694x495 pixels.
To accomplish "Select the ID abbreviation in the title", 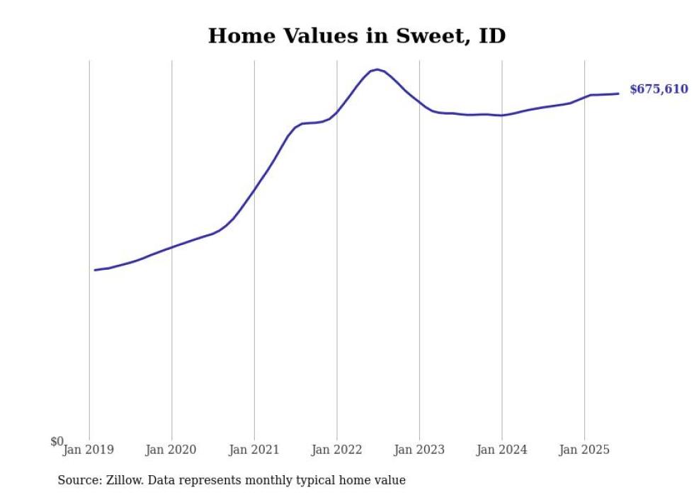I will (x=492, y=36).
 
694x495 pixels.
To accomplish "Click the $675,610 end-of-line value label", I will (x=659, y=89).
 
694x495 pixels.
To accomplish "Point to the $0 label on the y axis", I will (x=57, y=441).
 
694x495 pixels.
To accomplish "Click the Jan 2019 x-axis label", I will (x=89, y=450).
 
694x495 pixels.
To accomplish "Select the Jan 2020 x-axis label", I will (x=171, y=450).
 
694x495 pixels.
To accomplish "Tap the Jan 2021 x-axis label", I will (x=254, y=450).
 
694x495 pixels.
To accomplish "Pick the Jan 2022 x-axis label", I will (x=336, y=450).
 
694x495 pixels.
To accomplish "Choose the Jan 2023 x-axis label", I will (x=419, y=450).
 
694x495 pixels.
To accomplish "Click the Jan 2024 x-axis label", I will (x=501, y=450).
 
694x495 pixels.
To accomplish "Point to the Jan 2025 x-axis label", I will (x=584, y=450).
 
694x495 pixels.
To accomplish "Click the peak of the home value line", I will (x=377, y=69).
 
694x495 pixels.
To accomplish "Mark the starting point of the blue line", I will (x=95, y=270).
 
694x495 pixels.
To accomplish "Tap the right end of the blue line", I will (x=618, y=93).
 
